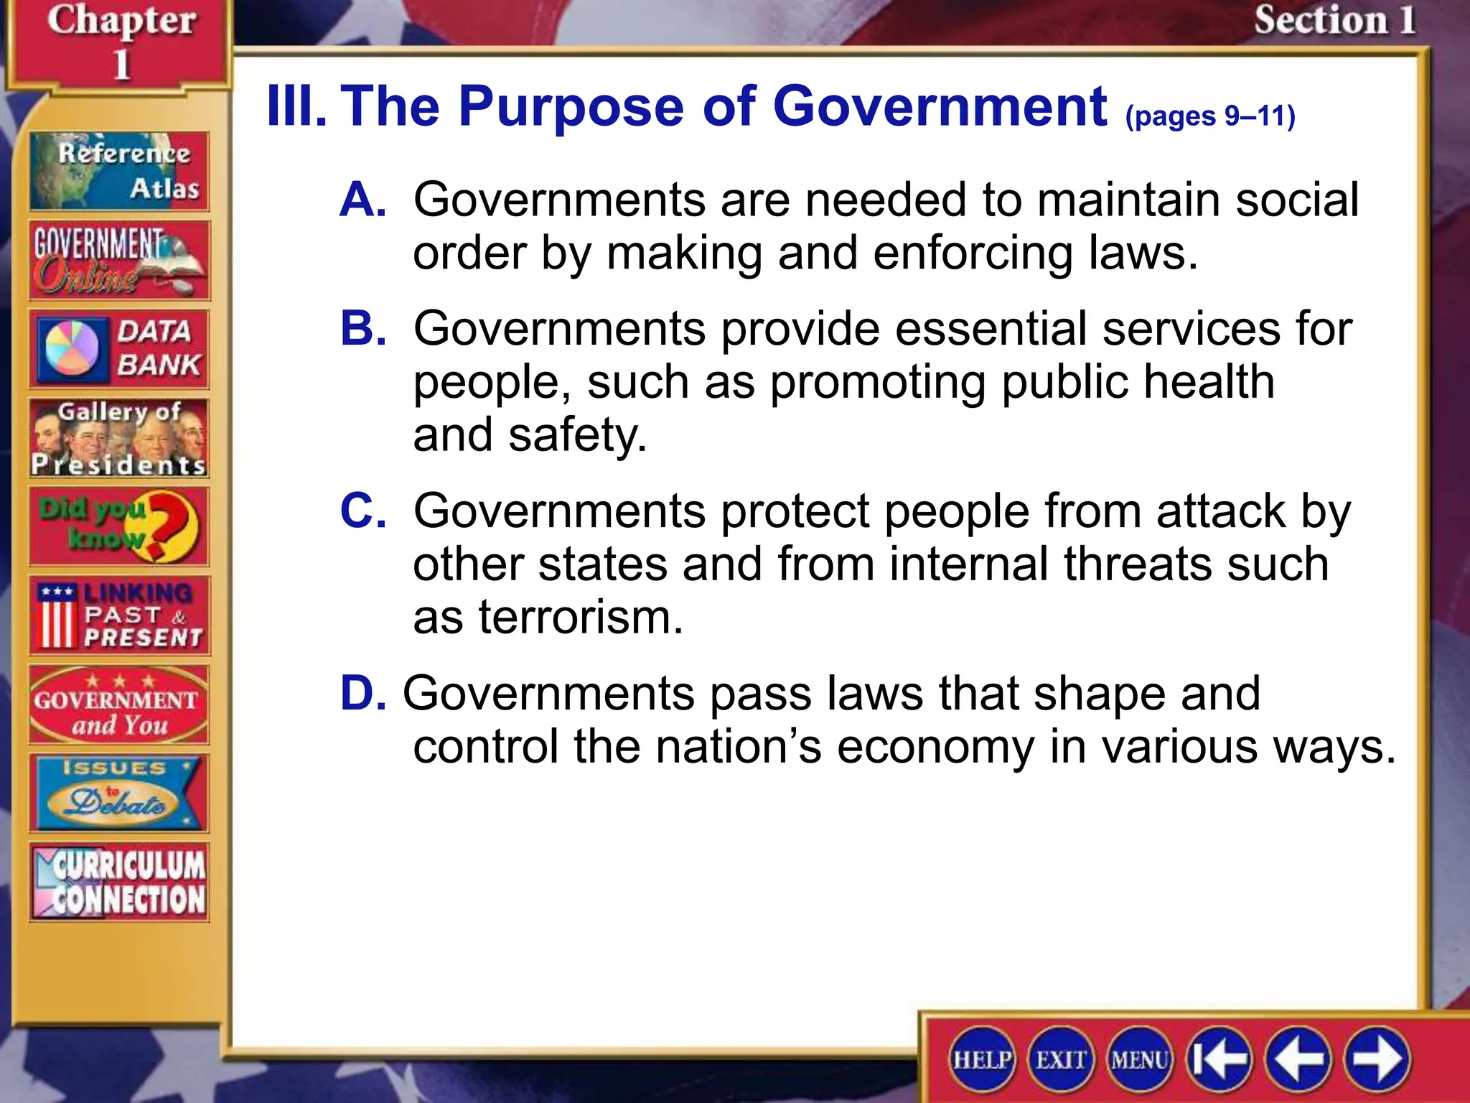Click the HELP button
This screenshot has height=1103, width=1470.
pyautogui.click(x=982, y=1059)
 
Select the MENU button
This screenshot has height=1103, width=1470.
pyautogui.click(x=1140, y=1059)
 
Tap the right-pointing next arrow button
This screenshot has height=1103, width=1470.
pyautogui.click(x=1377, y=1059)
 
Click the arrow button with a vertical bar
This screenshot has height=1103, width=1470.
pyautogui.click(x=1219, y=1059)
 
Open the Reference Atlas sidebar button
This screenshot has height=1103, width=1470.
pyautogui.click(x=119, y=171)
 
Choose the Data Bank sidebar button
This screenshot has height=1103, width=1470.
pyautogui.click(x=119, y=349)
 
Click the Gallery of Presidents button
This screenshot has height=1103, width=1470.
pyautogui.click(x=119, y=438)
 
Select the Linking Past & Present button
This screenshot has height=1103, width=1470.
pyautogui.click(x=119, y=615)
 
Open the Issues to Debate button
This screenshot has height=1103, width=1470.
pyautogui.click(x=119, y=793)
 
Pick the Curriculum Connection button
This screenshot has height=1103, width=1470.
pyautogui.click(x=119, y=883)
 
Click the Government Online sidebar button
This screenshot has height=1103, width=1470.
pyautogui.click(x=119, y=260)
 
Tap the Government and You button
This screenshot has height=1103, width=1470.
pyautogui.click(x=119, y=704)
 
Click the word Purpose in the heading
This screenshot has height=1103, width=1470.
pyautogui.click(x=571, y=106)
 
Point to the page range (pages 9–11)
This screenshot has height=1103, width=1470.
pyautogui.click(x=1210, y=116)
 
